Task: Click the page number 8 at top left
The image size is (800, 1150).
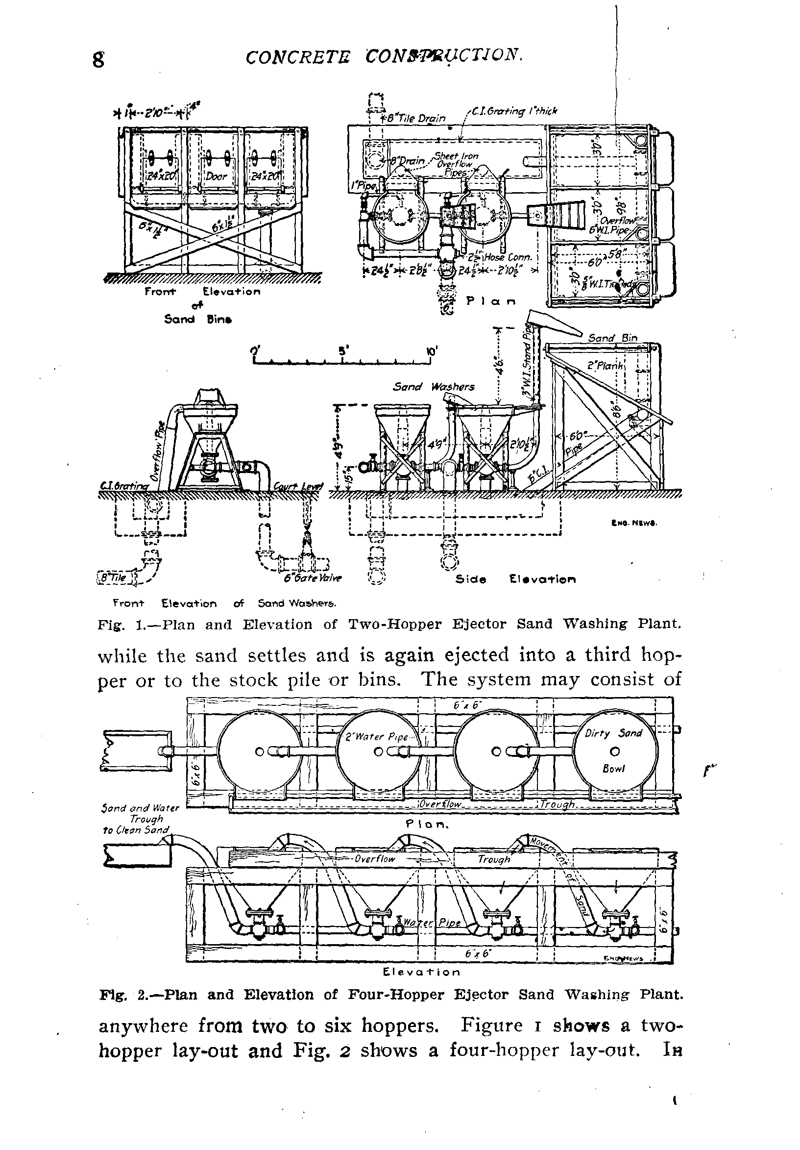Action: (99, 60)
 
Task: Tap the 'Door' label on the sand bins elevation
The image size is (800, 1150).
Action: (216, 176)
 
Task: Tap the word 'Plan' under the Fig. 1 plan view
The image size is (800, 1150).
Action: (491, 301)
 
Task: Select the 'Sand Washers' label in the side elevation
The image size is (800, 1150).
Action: (433, 386)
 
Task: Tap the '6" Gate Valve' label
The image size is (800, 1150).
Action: (313, 577)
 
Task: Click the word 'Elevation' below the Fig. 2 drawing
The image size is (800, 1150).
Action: (421, 972)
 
